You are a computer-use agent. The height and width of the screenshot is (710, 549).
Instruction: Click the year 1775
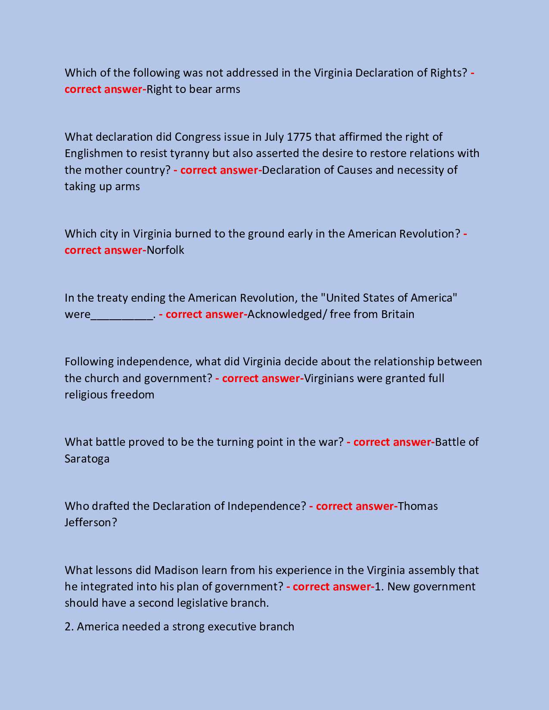pyautogui.click(x=299, y=137)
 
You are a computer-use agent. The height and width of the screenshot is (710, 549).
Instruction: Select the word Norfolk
pyautogui.click(x=165, y=250)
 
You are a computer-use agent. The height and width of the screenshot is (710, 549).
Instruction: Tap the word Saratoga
pyautogui.click(x=87, y=459)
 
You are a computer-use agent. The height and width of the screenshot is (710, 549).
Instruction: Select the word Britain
pyautogui.click(x=398, y=314)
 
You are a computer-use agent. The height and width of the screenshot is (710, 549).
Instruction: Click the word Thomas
pyautogui.click(x=418, y=506)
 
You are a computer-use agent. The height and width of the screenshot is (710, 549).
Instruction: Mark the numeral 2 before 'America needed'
pyautogui.click(x=68, y=627)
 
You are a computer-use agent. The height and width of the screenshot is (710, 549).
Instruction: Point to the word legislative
pyautogui.click(x=198, y=603)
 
